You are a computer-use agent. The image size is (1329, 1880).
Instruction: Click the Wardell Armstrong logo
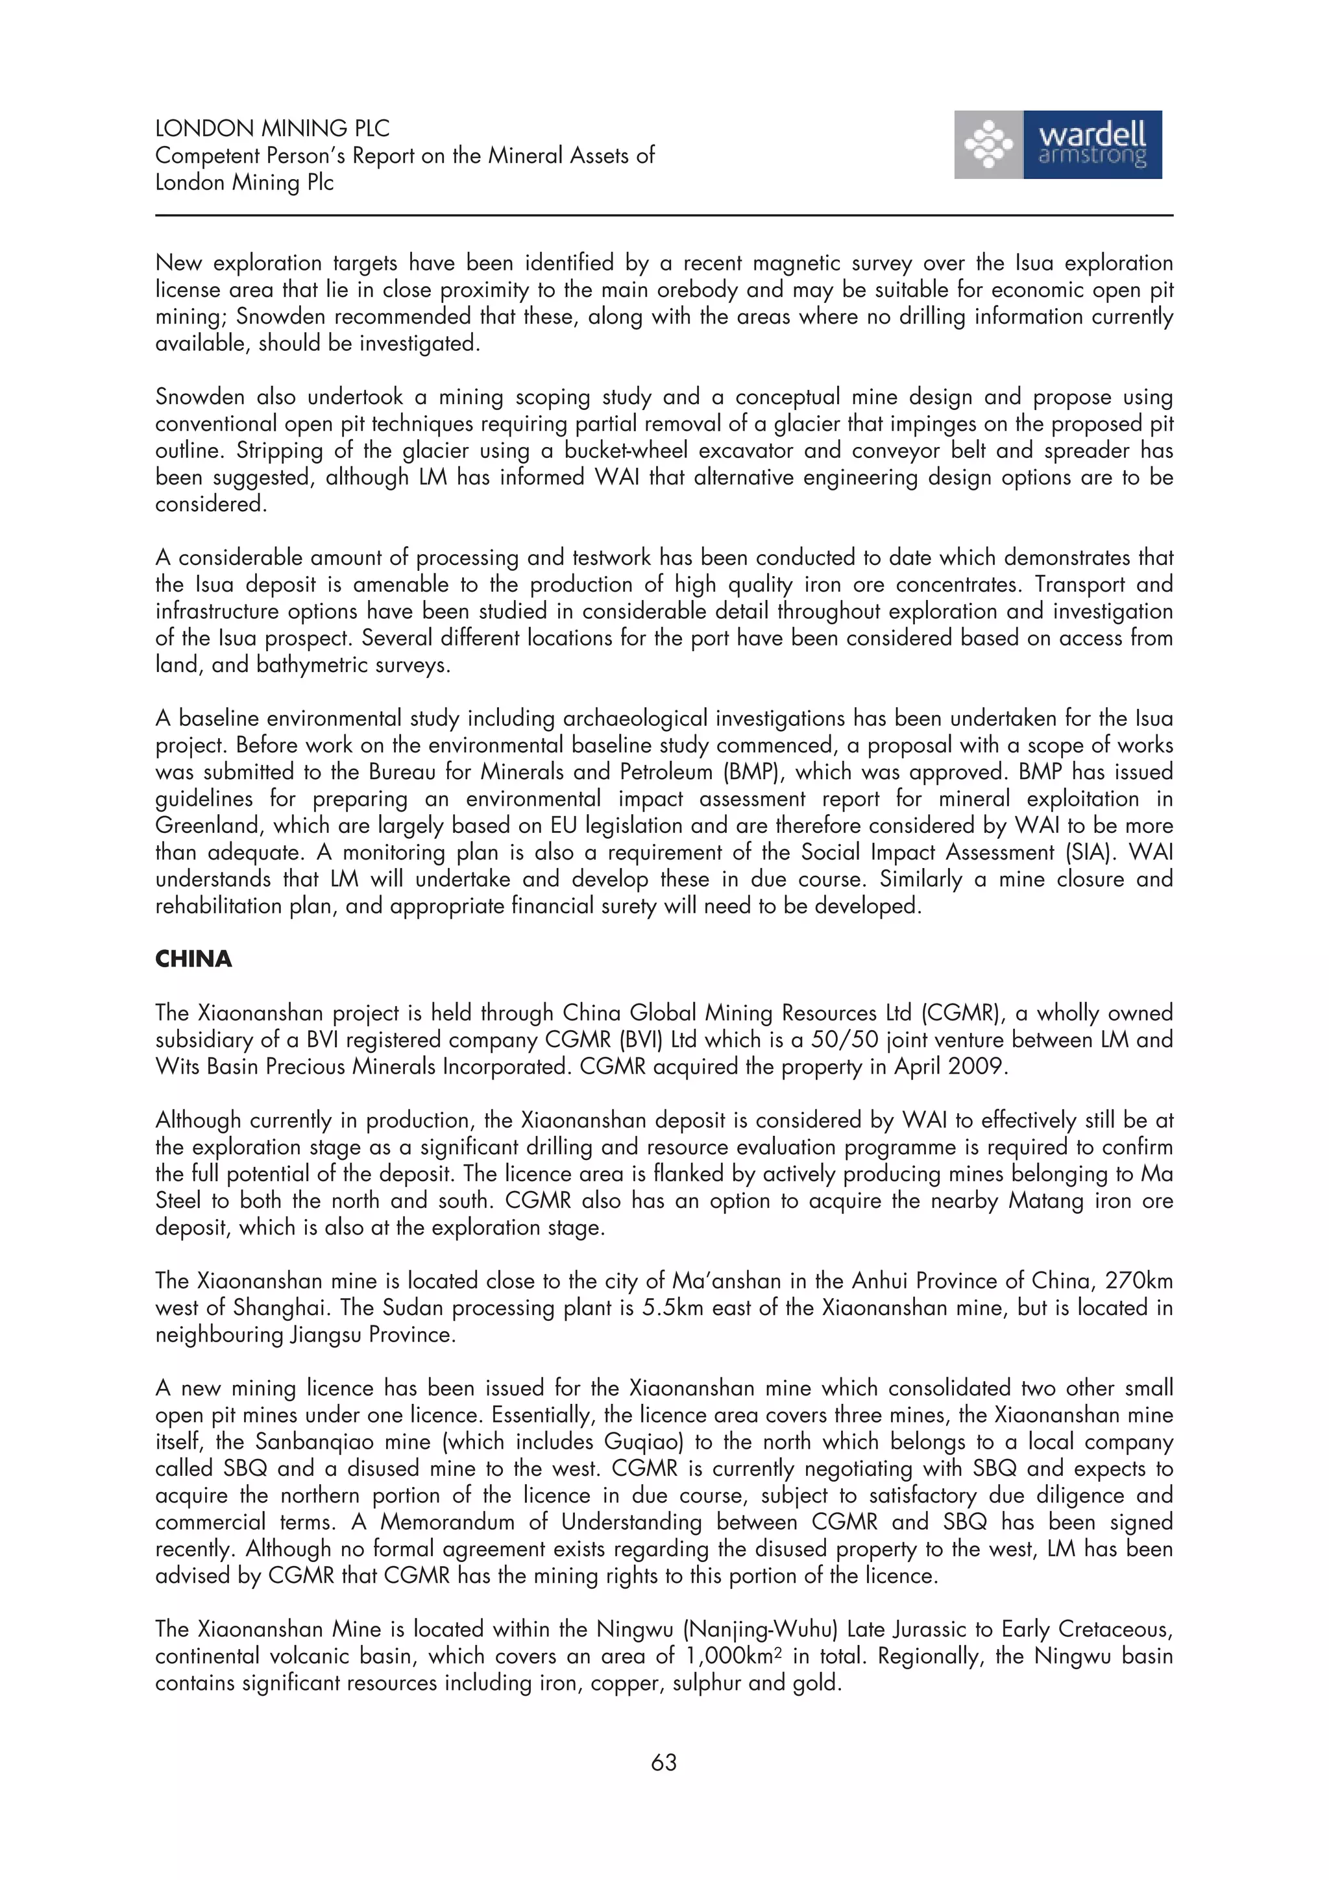click(x=1057, y=145)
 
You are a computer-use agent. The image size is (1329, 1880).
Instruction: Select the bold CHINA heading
click(x=193, y=959)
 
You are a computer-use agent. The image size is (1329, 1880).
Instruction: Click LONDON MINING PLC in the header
click(x=272, y=128)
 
